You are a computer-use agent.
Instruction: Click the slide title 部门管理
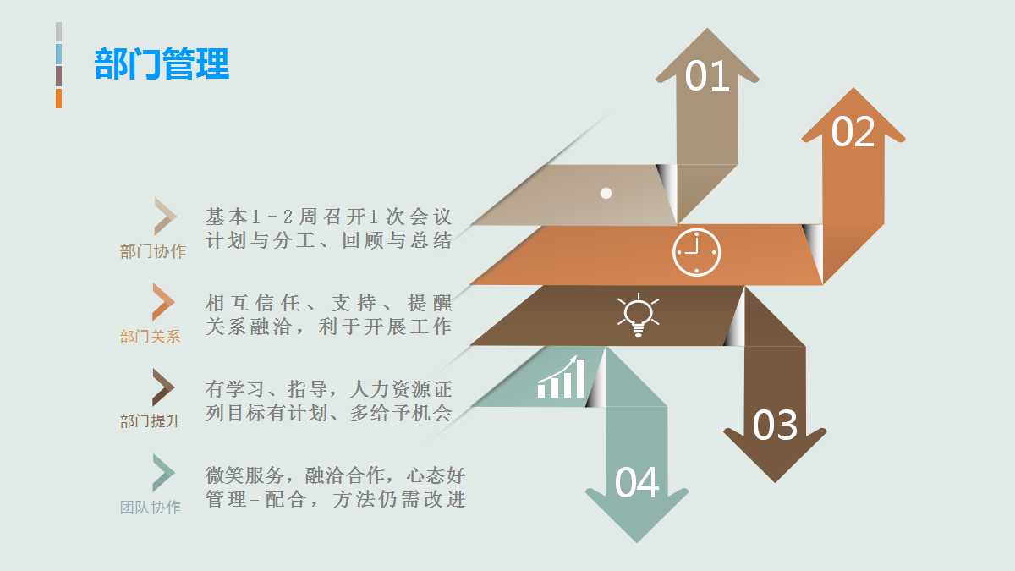[x=162, y=64]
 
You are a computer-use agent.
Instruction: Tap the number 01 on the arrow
[x=707, y=76]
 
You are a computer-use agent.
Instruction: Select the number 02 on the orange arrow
[x=853, y=132]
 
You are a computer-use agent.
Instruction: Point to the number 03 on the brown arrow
[x=775, y=426]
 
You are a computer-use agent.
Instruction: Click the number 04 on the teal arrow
[x=637, y=483]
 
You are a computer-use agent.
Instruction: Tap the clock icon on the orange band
[x=696, y=251]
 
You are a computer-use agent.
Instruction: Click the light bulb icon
[x=638, y=316]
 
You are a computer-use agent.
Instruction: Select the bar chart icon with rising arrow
[x=561, y=377]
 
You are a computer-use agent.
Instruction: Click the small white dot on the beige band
[x=606, y=193]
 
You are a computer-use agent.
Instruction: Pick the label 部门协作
[x=153, y=251]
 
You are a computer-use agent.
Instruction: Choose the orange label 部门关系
[x=151, y=337]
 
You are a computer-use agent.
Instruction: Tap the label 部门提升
[x=151, y=421]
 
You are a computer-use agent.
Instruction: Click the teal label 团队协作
[x=151, y=508]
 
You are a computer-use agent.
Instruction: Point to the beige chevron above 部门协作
[x=164, y=217]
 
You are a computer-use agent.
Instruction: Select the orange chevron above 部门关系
[x=162, y=301]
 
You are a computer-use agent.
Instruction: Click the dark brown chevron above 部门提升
[x=162, y=387]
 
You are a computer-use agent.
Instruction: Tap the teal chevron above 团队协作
[x=162, y=473]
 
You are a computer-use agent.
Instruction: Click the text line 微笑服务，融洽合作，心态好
[x=335, y=475]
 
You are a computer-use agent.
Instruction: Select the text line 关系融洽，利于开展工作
[x=329, y=327]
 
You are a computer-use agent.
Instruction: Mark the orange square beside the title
[x=59, y=98]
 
